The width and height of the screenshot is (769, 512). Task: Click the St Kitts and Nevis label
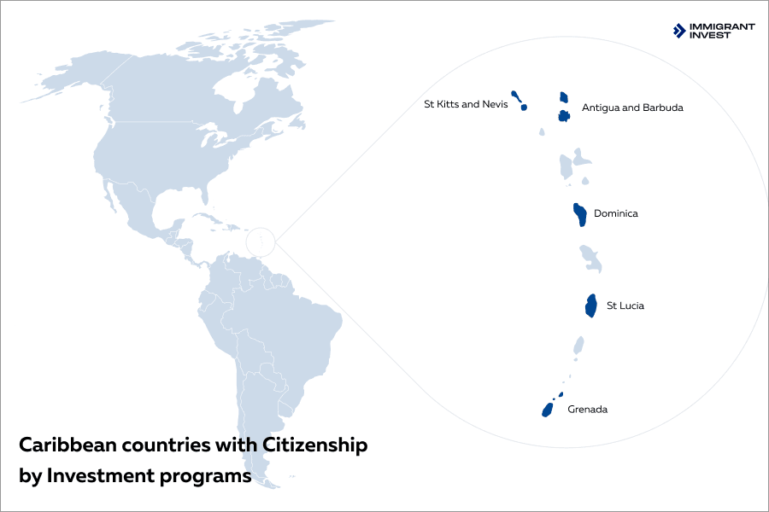[466, 105]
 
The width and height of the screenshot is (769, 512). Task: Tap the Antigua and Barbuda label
[632, 108]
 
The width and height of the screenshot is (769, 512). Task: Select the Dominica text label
[615, 213]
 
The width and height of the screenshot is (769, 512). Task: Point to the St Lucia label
[625, 305]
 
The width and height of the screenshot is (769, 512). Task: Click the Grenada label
[587, 410]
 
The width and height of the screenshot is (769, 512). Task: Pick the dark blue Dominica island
[579, 214]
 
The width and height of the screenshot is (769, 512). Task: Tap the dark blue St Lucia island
[590, 305]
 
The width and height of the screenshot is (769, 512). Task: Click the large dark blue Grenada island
[548, 410]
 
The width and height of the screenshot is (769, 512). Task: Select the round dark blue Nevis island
[524, 108]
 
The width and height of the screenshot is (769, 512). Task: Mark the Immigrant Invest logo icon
[679, 31]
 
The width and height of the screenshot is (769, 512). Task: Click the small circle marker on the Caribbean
[260, 243]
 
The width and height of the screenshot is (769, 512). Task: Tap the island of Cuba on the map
[206, 218]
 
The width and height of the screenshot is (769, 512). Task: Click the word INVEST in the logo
[711, 36]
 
